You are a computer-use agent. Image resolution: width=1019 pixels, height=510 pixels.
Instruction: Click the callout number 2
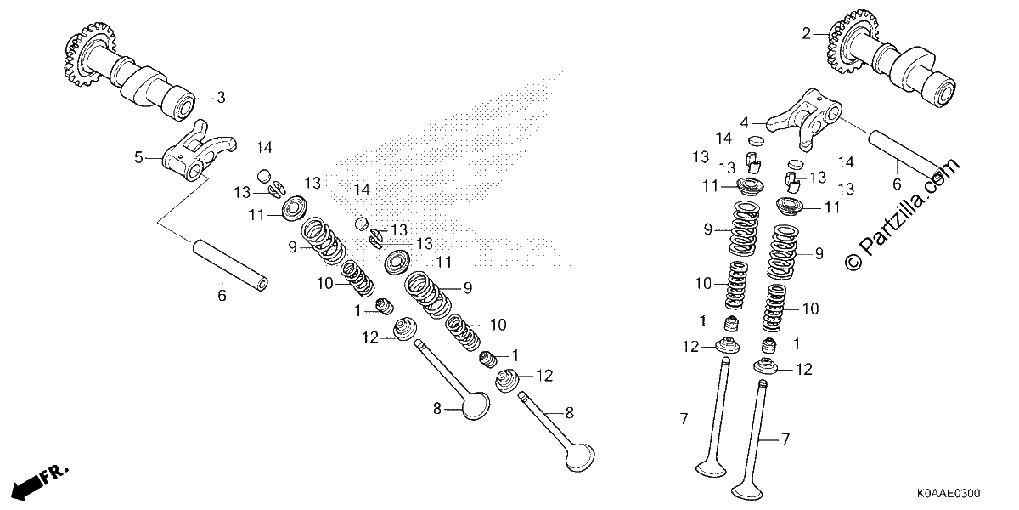coord(806,34)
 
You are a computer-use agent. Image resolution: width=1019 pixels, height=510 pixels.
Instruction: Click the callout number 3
coord(221,98)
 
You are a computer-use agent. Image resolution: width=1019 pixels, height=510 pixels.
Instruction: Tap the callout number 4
coord(744,123)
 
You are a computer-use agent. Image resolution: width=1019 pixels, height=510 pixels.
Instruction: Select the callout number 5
coord(138,158)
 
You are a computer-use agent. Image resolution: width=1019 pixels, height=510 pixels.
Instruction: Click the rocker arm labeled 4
coord(805,118)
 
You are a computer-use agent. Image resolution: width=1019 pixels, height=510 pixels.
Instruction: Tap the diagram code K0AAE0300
coord(949,494)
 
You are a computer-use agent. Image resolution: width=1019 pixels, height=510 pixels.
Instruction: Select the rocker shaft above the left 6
coord(230,265)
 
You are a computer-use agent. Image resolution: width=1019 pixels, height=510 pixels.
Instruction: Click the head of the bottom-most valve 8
coord(580,457)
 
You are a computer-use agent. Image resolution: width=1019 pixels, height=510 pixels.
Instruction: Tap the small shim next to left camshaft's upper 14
coord(264,176)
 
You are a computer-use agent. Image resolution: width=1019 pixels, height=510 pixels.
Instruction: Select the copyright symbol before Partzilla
coord(853,262)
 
